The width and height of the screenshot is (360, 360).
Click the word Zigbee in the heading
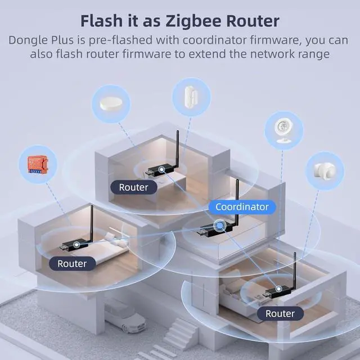click(192, 21)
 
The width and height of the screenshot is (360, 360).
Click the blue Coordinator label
click(242, 207)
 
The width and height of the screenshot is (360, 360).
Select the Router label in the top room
click(133, 187)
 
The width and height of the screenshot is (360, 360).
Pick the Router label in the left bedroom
click(72, 263)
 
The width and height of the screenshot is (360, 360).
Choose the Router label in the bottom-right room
click(280, 313)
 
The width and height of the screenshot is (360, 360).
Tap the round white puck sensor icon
click(111, 103)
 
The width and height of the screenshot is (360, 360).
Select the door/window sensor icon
click(190, 97)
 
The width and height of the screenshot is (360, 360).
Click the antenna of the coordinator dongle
click(236, 200)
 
